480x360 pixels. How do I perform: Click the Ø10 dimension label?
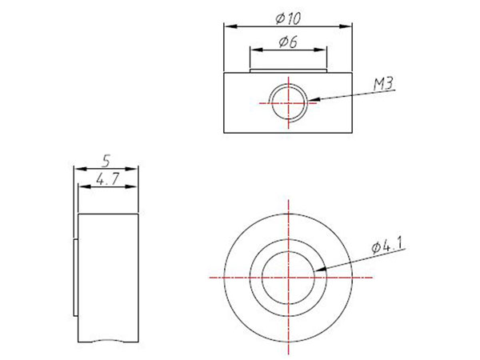(x=288, y=18)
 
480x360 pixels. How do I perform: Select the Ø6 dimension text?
(x=288, y=42)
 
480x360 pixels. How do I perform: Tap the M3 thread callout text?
(x=383, y=83)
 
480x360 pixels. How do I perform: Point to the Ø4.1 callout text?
(x=387, y=246)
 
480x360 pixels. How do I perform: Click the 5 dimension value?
(x=106, y=161)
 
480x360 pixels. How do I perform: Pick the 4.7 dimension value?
(x=107, y=179)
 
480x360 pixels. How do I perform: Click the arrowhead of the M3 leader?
(x=313, y=99)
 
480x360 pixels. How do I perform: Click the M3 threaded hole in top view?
(x=288, y=103)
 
